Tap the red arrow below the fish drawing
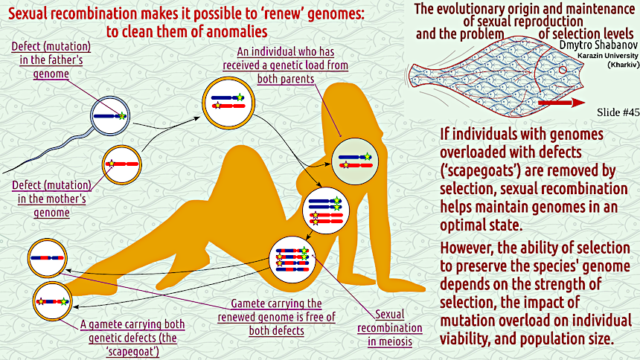[566, 101]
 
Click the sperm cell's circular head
[109, 116]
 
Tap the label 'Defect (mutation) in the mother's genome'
[51, 198]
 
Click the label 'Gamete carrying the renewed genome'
[276, 310]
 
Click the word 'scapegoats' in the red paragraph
[480, 167]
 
